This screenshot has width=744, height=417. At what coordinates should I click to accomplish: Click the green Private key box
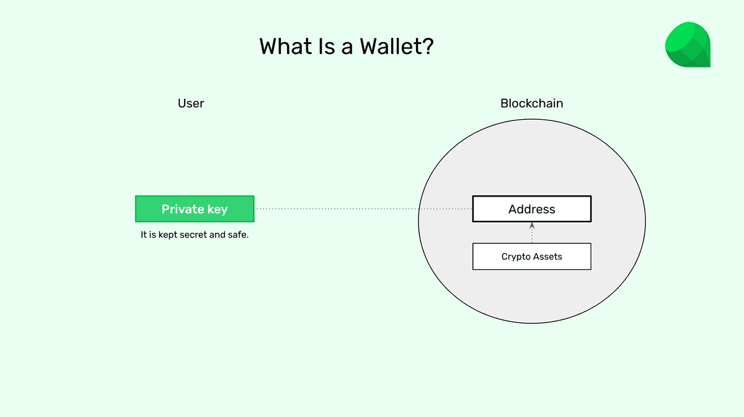click(195, 209)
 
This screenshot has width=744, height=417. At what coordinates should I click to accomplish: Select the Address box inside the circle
click(532, 209)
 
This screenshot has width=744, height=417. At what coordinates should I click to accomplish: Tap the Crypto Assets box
click(532, 256)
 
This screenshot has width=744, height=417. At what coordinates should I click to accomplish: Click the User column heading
click(191, 104)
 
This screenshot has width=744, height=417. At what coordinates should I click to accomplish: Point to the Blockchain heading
click(532, 104)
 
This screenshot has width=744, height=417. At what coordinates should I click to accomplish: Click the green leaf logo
click(688, 45)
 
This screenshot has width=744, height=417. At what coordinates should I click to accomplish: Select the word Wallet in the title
click(387, 47)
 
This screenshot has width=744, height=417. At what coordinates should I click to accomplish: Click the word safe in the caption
click(237, 235)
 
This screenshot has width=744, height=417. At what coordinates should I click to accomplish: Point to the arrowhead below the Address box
click(532, 226)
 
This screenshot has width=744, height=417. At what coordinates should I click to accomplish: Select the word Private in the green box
click(183, 209)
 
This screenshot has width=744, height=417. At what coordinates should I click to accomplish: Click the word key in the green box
click(217, 210)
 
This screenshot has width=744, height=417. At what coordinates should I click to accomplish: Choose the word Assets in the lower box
click(547, 256)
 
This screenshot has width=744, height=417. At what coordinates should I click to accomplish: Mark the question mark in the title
click(427, 47)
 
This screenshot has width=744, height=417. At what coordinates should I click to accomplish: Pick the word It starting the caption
click(144, 235)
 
